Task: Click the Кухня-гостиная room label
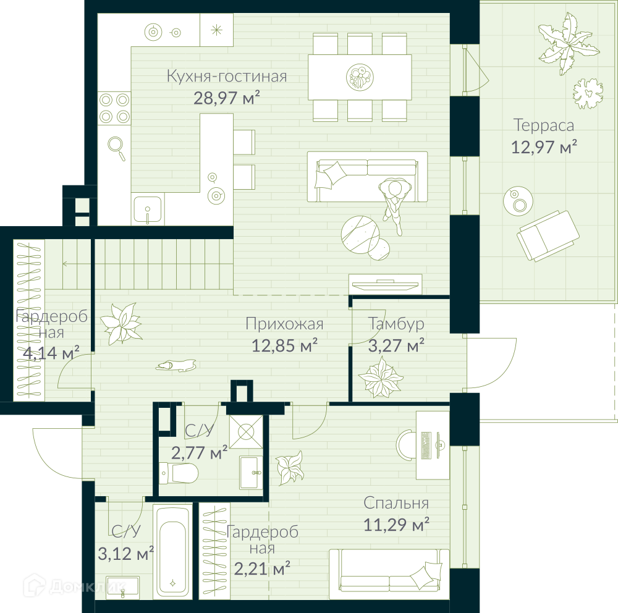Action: pyautogui.click(x=227, y=76)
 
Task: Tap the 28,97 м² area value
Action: pyautogui.click(x=227, y=98)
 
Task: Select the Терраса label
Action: pyautogui.click(x=543, y=125)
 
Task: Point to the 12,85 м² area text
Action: pyautogui.click(x=284, y=345)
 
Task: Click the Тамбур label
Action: pyautogui.click(x=396, y=324)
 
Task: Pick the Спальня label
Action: pyautogui.click(x=396, y=503)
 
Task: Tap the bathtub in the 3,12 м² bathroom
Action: pyautogui.click(x=172, y=551)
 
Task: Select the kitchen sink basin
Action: pyautogui.click(x=148, y=209)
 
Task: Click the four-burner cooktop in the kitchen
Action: pyautogui.click(x=114, y=108)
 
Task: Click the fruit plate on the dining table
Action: pyautogui.click(x=360, y=77)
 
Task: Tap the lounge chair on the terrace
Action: pyautogui.click(x=548, y=235)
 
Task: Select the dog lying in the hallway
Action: pyautogui.click(x=176, y=366)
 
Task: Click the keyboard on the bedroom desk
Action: pyautogui.click(x=426, y=446)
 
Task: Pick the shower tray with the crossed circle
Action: pyautogui.click(x=247, y=432)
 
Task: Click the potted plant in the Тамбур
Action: pyautogui.click(x=380, y=377)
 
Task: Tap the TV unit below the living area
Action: pyautogui.click(x=385, y=284)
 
